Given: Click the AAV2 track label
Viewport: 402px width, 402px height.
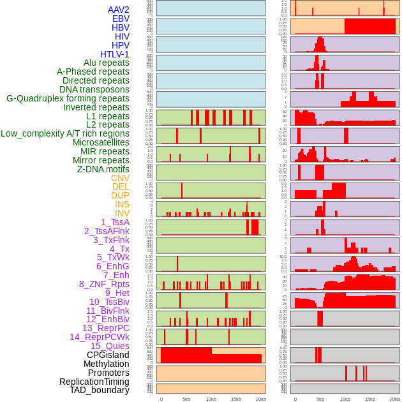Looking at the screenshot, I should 118,10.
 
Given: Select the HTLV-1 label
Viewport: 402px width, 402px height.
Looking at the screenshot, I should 114,54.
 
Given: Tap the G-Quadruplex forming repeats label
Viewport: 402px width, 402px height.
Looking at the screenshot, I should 68,99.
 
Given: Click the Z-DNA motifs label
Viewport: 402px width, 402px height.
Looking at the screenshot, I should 103,169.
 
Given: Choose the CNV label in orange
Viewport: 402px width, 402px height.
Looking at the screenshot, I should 120,178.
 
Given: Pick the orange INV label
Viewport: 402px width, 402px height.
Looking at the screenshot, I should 122,213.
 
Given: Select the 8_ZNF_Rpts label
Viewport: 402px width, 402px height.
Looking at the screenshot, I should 104,284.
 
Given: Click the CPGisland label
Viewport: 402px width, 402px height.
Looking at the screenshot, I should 108,355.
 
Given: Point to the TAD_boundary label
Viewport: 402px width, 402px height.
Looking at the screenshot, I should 99,390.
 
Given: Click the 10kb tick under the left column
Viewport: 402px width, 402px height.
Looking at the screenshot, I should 211,399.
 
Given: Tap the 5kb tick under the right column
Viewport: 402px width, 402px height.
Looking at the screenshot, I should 320,399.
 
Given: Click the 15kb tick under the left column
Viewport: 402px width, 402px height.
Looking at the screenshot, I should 236,399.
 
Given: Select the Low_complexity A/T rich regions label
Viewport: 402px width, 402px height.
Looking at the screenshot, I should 65,133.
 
